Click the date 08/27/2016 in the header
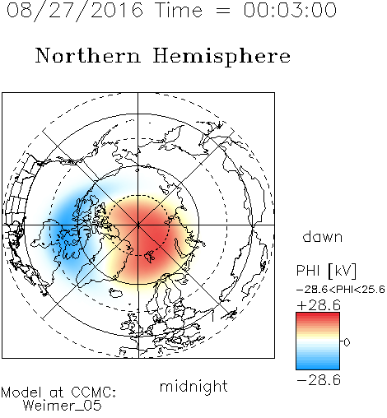click(x=75, y=11)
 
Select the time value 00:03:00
click(x=290, y=10)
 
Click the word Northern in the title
click(x=88, y=55)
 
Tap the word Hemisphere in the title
click(x=221, y=57)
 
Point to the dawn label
click(x=323, y=237)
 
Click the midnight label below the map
click(x=193, y=387)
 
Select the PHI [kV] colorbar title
click(x=326, y=271)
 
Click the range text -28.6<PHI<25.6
click(x=341, y=290)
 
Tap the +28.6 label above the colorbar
click(x=319, y=305)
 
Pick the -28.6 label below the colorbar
click(x=319, y=380)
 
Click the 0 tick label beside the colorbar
click(x=347, y=342)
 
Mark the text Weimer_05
click(x=63, y=406)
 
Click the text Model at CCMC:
click(x=58, y=392)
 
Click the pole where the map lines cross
click(x=138, y=225)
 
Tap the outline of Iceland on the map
click(x=116, y=292)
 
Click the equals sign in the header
click(x=223, y=11)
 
